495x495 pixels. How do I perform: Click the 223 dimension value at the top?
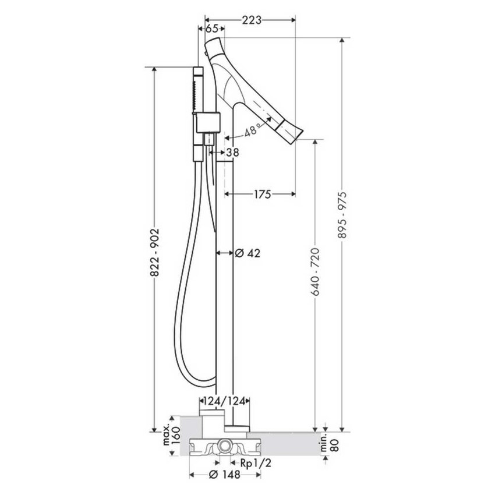coord(252,20)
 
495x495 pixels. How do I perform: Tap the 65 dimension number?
coord(212,29)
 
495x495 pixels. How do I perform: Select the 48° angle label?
coord(252,129)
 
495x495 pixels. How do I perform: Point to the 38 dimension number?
coord(232,153)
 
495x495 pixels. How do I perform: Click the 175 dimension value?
coord(263,194)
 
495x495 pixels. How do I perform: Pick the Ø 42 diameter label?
coord(248,253)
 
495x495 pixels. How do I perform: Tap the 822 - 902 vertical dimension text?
coord(155,253)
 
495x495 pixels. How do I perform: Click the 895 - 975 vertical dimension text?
coord(342,215)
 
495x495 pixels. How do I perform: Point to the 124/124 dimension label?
coord(224,401)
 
